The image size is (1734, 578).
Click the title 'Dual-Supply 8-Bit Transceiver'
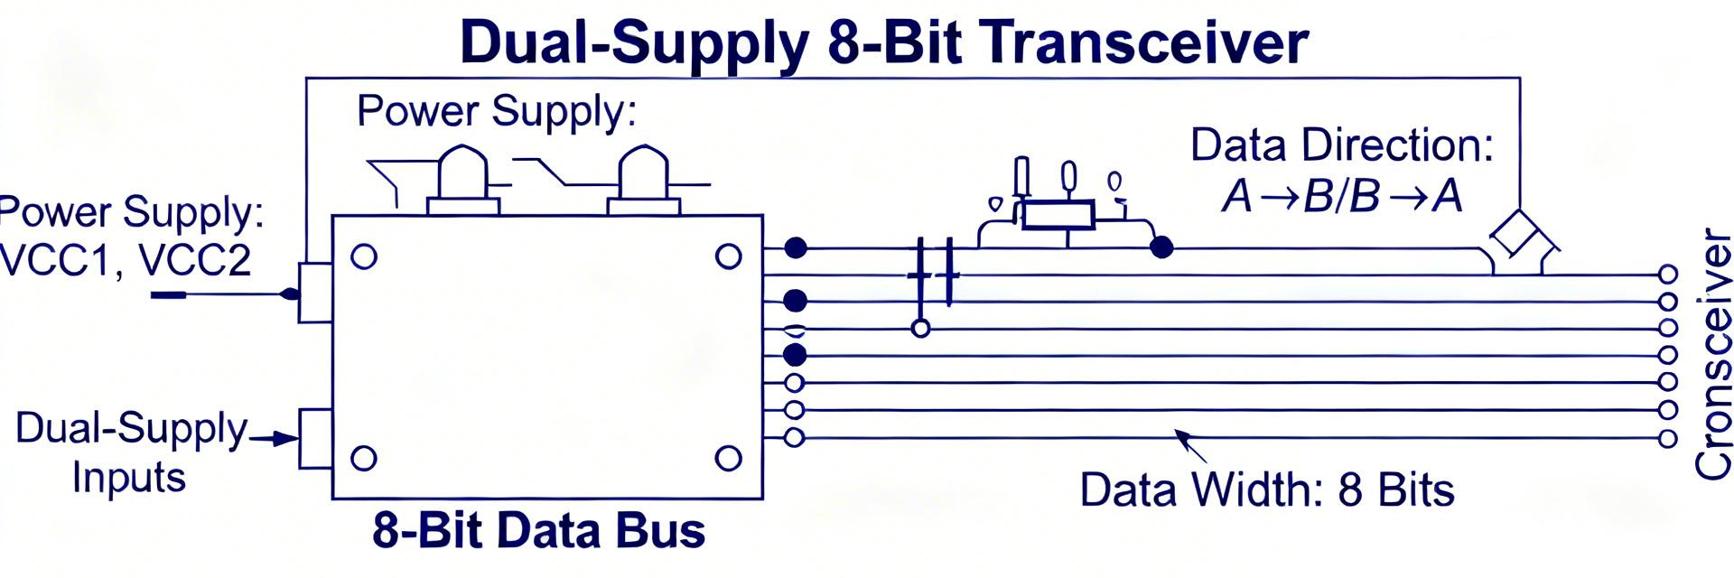click(x=883, y=42)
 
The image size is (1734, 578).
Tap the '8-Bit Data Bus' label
click(x=538, y=530)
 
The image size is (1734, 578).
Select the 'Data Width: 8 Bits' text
click(x=1266, y=490)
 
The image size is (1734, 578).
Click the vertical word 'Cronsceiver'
click(x=1713, y=354)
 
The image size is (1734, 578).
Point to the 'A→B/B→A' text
click(x=1341, y=196)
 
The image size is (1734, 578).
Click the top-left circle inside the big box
click(x=364, y=257)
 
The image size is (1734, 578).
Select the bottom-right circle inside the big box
click(x=728, y=459)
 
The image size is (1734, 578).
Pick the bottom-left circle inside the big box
click(x=364, y=458)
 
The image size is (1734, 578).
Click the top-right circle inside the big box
click(x=728, y=257)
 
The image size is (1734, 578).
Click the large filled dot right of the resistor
click(x=1161, y=247)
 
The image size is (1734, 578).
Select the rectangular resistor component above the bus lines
click(x=1058, y=215)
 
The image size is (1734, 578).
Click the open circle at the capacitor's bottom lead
click(x=920, y=329)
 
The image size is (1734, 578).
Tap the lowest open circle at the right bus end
click(x=1667, y=439)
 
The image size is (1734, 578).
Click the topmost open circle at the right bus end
click(x=1667, y=274)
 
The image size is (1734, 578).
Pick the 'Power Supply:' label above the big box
click(x=497, y=111)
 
